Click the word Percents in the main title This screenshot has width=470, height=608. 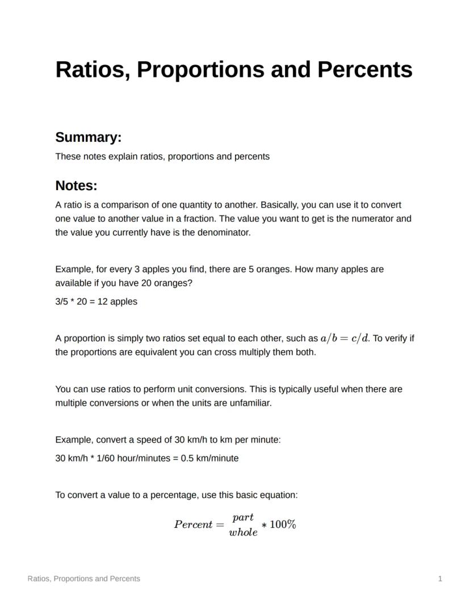364,69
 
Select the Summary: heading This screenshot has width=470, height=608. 89,137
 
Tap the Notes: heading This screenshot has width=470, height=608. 77,186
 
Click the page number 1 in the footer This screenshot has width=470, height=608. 440,578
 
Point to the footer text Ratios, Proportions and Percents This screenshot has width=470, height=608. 84,578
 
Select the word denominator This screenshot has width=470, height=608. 224,232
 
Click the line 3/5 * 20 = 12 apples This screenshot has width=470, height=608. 96,301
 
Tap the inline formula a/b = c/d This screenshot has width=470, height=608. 345,338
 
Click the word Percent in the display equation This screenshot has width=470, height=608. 193,525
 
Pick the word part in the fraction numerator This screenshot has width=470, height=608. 243,517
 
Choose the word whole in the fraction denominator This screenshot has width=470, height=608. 243,532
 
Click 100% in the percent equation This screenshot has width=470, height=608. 283,525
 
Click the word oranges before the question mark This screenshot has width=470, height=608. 174,283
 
